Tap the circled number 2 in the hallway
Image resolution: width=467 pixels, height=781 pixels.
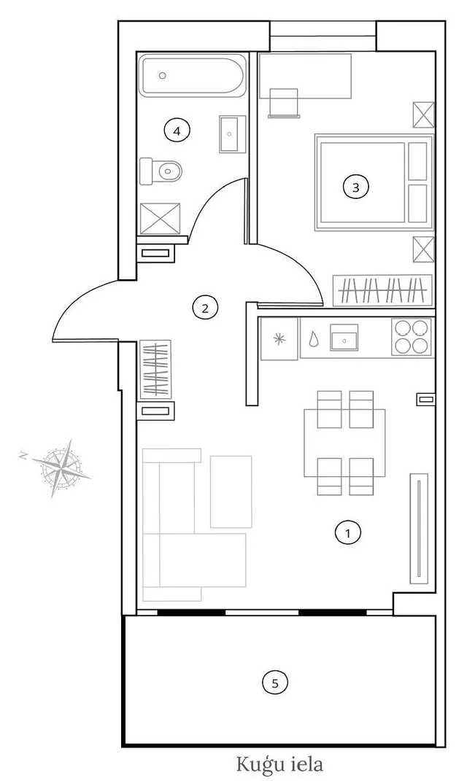pyautogui.click(x=205, y=308)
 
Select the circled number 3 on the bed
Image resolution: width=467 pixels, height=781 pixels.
pyautogui.click(x=355, y=187)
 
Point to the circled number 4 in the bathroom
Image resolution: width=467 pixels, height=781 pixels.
pyautogui.click(x=177, y=131)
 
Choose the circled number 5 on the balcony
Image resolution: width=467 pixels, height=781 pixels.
pyautogui.click(x=275, y=683)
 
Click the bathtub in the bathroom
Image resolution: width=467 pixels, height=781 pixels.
pyautogui.click(x=192, y=76)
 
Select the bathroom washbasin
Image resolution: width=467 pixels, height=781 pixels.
pyautogui.click(x=232, y=134)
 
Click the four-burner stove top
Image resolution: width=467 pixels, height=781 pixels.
pyautogui.click(x=412, y=338)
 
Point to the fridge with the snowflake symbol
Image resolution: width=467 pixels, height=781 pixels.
pyautogui.click(x=279, y=339)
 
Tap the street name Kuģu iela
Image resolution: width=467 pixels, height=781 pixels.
pyautogui.click(x=279, y=763)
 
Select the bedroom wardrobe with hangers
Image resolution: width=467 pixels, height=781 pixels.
pyautogui.click(x=382, y=290)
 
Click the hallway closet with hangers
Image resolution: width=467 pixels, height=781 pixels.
pyautogui.click(x=156, y=369)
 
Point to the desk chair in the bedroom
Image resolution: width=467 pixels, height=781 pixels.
pyautogui.click(x=284, y=103)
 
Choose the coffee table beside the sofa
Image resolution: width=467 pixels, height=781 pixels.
pyautogui.click(x=231, y=491)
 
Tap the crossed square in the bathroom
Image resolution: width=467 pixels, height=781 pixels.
pyautogui.click(x=160, y=219)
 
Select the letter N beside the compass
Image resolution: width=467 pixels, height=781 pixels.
pyautogui.click(x=23, y=455)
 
